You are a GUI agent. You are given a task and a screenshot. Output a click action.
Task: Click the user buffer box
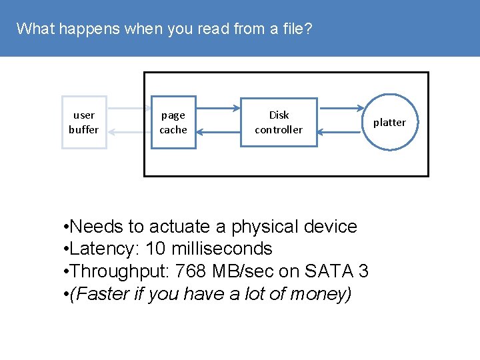[x=84, y=123]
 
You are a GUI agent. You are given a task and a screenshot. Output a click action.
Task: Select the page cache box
[x=173, y=123]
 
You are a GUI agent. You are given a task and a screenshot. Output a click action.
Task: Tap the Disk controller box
[x=279, y=123]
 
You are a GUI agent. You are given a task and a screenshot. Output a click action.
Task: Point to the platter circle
[x=389, y=122]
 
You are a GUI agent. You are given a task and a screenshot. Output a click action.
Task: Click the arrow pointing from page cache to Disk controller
[x=219, y=107]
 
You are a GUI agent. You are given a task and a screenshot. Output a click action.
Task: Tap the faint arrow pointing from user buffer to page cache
[x=129, y=107]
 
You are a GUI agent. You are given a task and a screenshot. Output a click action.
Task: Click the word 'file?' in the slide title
[x=297, y=29]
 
